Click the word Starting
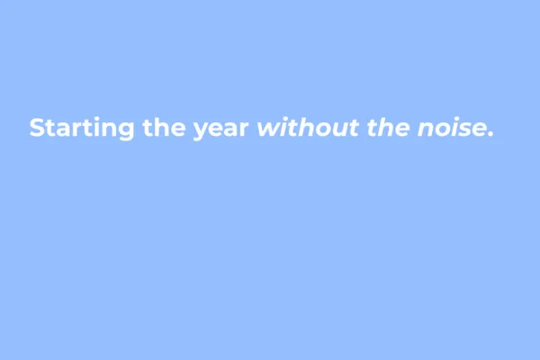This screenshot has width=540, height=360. pyautogui.click(x=83, y=128)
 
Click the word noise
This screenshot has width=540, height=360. pyautogui.click(x=451, y=129)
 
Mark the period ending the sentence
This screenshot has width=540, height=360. pyautogui.click(x=490, y=135)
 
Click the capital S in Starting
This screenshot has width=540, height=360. pyautogui.click(x=37, y=128)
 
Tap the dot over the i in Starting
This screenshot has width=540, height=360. pyautogui.click(x=101, y=118)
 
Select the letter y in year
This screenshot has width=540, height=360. pyautogui.click(x=202, y=131)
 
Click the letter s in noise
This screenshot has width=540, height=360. pyautogui.click(x=466, y=130)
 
